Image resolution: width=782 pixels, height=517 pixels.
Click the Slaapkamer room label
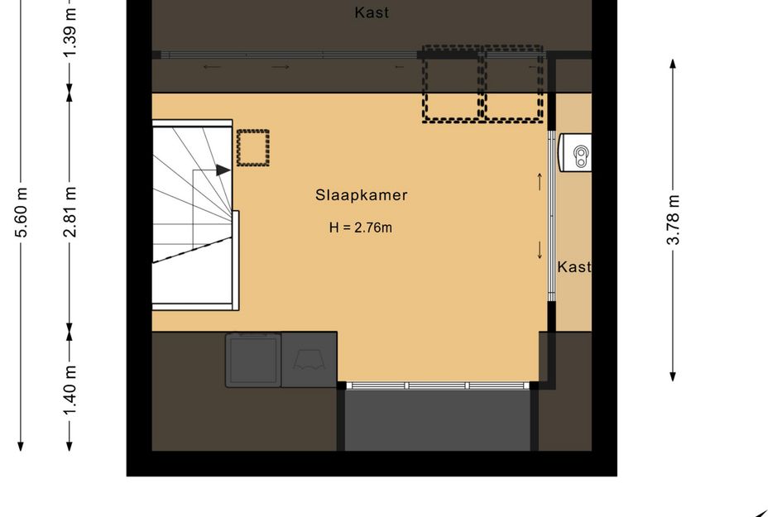361,196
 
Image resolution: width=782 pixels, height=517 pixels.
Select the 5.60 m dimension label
22,213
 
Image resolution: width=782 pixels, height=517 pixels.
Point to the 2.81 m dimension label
70,212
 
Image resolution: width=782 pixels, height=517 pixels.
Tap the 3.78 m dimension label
674,219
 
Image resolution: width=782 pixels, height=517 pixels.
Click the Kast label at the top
372,12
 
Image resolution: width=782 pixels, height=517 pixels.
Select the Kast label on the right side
574,267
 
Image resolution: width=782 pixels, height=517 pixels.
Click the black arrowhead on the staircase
223,170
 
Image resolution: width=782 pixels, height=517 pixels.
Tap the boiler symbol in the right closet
576,154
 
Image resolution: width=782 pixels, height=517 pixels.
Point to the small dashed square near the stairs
253,148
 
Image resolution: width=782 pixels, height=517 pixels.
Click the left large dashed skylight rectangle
453,85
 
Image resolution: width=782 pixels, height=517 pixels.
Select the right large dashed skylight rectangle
514,85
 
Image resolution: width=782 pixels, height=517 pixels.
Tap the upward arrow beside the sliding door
540,180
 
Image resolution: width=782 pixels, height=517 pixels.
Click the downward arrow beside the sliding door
540,249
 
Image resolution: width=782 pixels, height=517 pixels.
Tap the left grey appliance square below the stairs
252,360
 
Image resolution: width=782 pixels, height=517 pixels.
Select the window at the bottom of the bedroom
437,385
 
